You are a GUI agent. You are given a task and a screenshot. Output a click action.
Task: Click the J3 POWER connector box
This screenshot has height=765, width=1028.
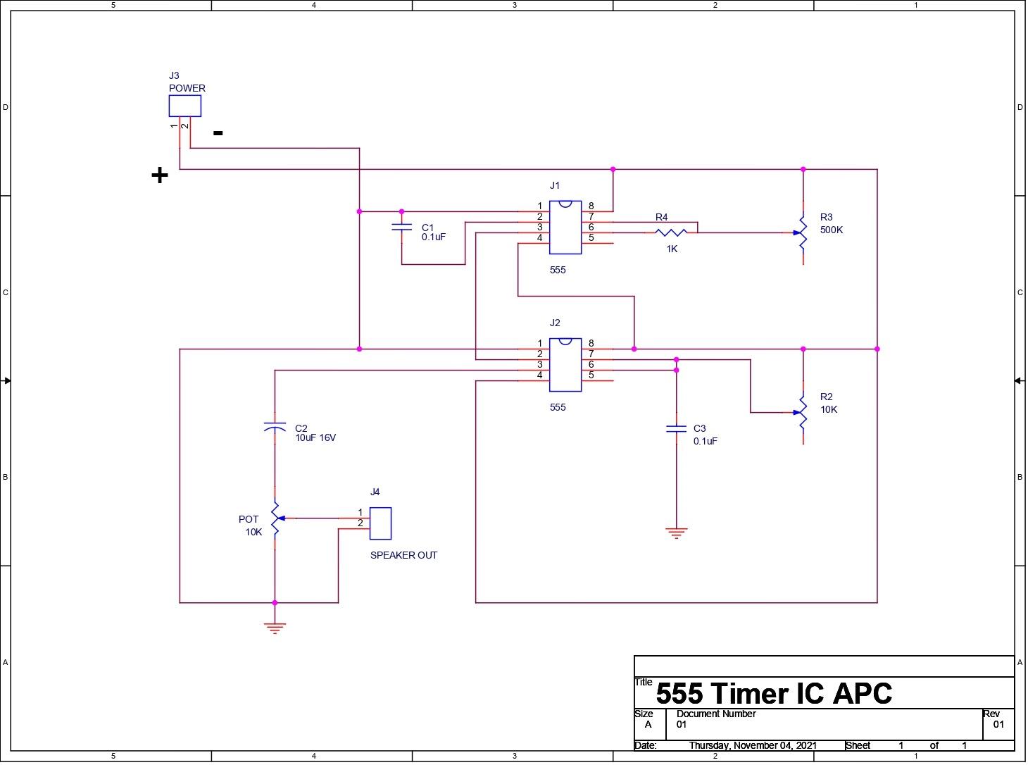coord(184,106)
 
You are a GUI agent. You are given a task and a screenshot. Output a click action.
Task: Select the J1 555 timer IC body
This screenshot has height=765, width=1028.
coord(565,227)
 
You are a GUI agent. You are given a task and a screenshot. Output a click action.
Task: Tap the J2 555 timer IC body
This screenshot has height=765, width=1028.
coord(565,364)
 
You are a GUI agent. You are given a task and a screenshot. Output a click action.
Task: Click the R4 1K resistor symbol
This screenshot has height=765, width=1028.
coord(671,232)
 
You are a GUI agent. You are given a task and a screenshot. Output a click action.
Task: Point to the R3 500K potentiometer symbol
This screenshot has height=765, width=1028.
coord(803,232)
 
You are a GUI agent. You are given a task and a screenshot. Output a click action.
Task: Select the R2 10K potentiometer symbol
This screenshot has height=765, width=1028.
coord(803,412)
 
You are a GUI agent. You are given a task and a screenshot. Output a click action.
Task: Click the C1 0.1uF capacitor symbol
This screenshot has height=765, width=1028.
coord(401,227)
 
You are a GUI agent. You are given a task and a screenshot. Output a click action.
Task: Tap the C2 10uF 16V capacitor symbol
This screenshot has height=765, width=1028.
coord(275,427)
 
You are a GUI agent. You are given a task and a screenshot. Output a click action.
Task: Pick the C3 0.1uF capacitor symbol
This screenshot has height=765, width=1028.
coord(676,428)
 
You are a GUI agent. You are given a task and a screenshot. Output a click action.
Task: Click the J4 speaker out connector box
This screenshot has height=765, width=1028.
coord(380,523)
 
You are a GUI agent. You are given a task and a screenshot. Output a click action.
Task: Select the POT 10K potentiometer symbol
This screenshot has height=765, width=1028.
coord(275,518)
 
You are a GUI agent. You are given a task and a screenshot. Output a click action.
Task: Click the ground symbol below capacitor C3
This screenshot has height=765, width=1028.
coord(676,533)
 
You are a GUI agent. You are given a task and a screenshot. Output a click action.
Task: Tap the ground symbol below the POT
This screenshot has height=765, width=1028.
coord(275,628)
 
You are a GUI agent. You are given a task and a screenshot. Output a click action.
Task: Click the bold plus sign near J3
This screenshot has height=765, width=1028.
coord(160,175)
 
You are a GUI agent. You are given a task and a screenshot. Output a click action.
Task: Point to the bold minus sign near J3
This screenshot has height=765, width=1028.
coord(218,132)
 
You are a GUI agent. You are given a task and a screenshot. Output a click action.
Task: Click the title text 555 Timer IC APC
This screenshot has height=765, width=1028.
coord(773,694)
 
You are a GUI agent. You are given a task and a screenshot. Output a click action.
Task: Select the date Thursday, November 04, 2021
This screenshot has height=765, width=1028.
coord(753,745)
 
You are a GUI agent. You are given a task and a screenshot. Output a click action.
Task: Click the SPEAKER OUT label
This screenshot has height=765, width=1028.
coord(403,555)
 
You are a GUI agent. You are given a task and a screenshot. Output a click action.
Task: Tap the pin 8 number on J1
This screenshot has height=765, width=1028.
coord(591,206)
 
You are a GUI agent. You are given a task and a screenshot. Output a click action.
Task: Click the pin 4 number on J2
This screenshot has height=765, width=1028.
coord(540,375)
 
